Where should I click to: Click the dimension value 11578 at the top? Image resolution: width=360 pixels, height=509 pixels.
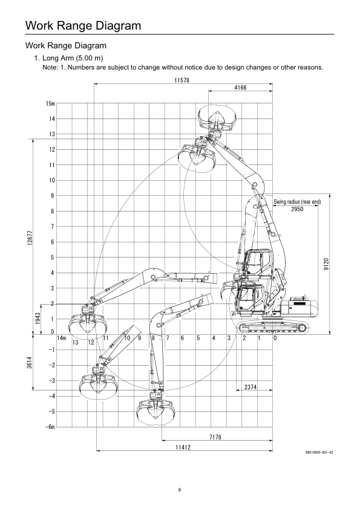[x=182, y=80]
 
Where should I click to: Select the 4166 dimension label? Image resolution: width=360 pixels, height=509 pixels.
[x=240, y=88]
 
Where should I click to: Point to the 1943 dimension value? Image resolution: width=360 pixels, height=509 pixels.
[x=38, y=319]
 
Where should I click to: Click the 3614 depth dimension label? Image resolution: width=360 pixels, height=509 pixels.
[x=30, y=363]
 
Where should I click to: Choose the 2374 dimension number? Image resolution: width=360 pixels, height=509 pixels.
[x=250, y=387]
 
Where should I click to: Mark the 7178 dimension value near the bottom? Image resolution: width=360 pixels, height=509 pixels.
[x=215, y=437]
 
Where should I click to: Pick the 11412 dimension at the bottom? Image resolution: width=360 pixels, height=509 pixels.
[x=183, y=447]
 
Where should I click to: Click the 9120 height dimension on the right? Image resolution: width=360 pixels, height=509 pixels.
[x=326, y=264]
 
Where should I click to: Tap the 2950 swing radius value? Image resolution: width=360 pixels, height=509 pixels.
[x=297, y=209]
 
